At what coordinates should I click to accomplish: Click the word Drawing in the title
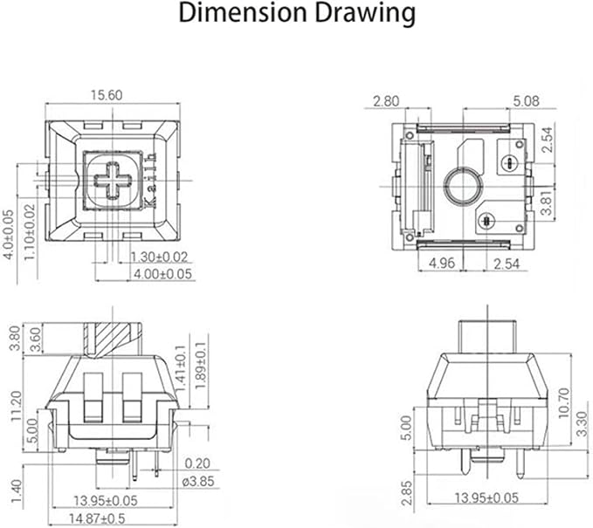click(x=365, y=14)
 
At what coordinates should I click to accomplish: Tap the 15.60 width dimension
click(x=107, y=95)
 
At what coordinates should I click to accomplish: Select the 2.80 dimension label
click(x=386, y=101)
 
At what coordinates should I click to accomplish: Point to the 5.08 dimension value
click(x=526, y=101)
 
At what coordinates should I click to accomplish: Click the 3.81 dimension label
click(x=548, y=202)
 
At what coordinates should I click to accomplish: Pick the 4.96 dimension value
click(x=442, y=263)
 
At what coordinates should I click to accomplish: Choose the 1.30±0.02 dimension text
click(x=159, y=257)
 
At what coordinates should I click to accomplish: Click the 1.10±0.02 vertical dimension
click(x=30, y=232)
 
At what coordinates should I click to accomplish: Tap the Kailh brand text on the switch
click(x=150, y=181)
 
